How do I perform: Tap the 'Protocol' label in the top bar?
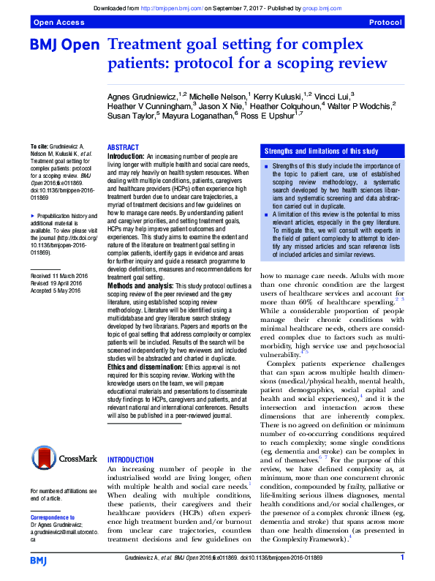click(385, 23)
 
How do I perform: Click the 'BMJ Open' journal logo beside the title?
click(64, 45)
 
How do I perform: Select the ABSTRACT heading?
click(123, 148)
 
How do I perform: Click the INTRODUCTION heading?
click(131, 460)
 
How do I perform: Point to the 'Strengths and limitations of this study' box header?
click(321, 151)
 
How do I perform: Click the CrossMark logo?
click(64, 460)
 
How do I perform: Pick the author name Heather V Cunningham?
click(149, 105)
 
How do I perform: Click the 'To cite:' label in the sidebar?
click(39, 147)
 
